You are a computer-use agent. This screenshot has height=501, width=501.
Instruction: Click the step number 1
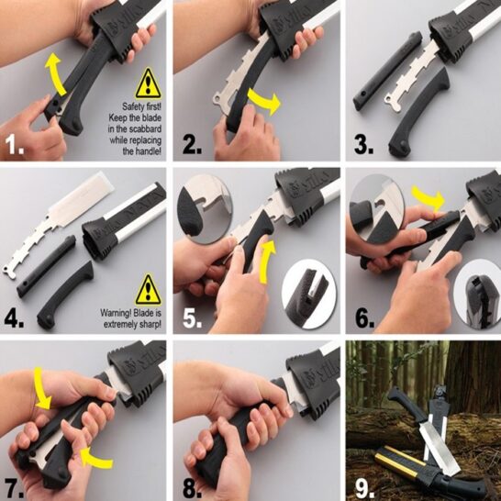[15, 144]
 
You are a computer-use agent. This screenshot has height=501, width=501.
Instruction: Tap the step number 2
[193, 144]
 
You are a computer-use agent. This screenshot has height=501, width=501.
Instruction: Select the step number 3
[363, 144]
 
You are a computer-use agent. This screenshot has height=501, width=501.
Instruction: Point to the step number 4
[14, 317]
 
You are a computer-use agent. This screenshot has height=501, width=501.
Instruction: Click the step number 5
[193, 317]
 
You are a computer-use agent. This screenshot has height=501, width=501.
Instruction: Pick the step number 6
[364, 317]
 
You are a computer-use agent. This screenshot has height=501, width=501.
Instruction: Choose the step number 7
[14, 487]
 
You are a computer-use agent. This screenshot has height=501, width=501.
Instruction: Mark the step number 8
[193, 487]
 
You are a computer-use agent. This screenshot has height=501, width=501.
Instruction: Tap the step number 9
[364, 487]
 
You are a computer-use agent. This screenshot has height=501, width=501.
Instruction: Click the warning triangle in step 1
[148, 83]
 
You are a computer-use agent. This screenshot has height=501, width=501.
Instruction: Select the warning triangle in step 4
[148, 290]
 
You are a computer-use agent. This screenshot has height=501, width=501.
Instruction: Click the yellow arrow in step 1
[55, 74]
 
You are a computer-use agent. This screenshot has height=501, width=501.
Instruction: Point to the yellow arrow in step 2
[262, 100]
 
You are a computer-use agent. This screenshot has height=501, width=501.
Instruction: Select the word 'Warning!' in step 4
[116, 313]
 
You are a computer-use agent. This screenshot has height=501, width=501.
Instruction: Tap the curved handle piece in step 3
[419, 112]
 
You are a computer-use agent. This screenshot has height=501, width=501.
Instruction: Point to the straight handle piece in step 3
[387, 71]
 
